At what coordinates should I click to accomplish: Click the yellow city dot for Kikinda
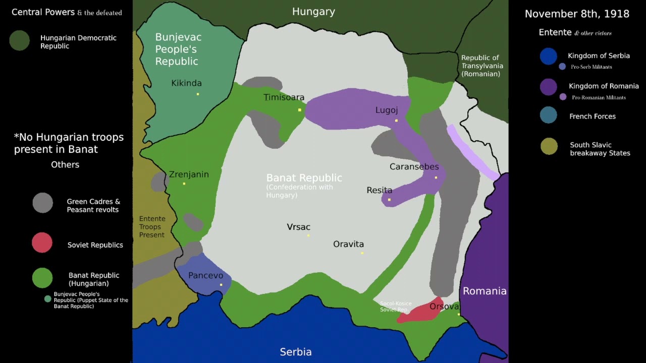pyautogui.click(x=198, y=94)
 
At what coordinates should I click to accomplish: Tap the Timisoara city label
pyautogui.click(x=284, y=97)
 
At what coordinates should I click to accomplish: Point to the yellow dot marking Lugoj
pyautogui.click(x=396, y=120)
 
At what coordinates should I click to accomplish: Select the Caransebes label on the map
pyautogui.click(x=414, y=167)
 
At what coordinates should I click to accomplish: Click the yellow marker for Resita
pyautogui.click(x=389, y=200)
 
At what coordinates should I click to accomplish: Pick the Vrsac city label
pyautogui.click(x=298, y=227)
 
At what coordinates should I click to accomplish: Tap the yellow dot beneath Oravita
pyautogui.click(x=362, y=253)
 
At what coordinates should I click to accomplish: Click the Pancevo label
pyautogui.click(x=205, y=275)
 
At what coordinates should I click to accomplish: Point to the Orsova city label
pyautogui.click(x=444, y=307)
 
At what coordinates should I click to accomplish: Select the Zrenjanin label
pyautogui.click(x=189, y=174)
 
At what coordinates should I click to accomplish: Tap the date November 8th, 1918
pyautogui.click(x=577, y=14)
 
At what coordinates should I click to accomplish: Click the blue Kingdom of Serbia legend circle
pyautogui.click(x=548, y=56)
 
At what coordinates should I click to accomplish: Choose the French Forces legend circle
pyautogui.click(x=548, y=115)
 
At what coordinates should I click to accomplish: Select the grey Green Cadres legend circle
pyautogui.click(x=43, y=203)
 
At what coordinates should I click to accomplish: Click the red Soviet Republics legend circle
pyautogui.click(x=42, y=243)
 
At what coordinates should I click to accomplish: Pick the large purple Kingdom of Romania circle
pyautogui.click(x=548, y=87)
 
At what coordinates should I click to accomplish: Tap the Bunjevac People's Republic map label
pyautogui.click(x=178, y=49)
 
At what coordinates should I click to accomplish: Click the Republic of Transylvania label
pyautogui.click(x=481, y=66)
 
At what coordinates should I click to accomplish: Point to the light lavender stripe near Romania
pyautogui.click(x=472, y=152)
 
